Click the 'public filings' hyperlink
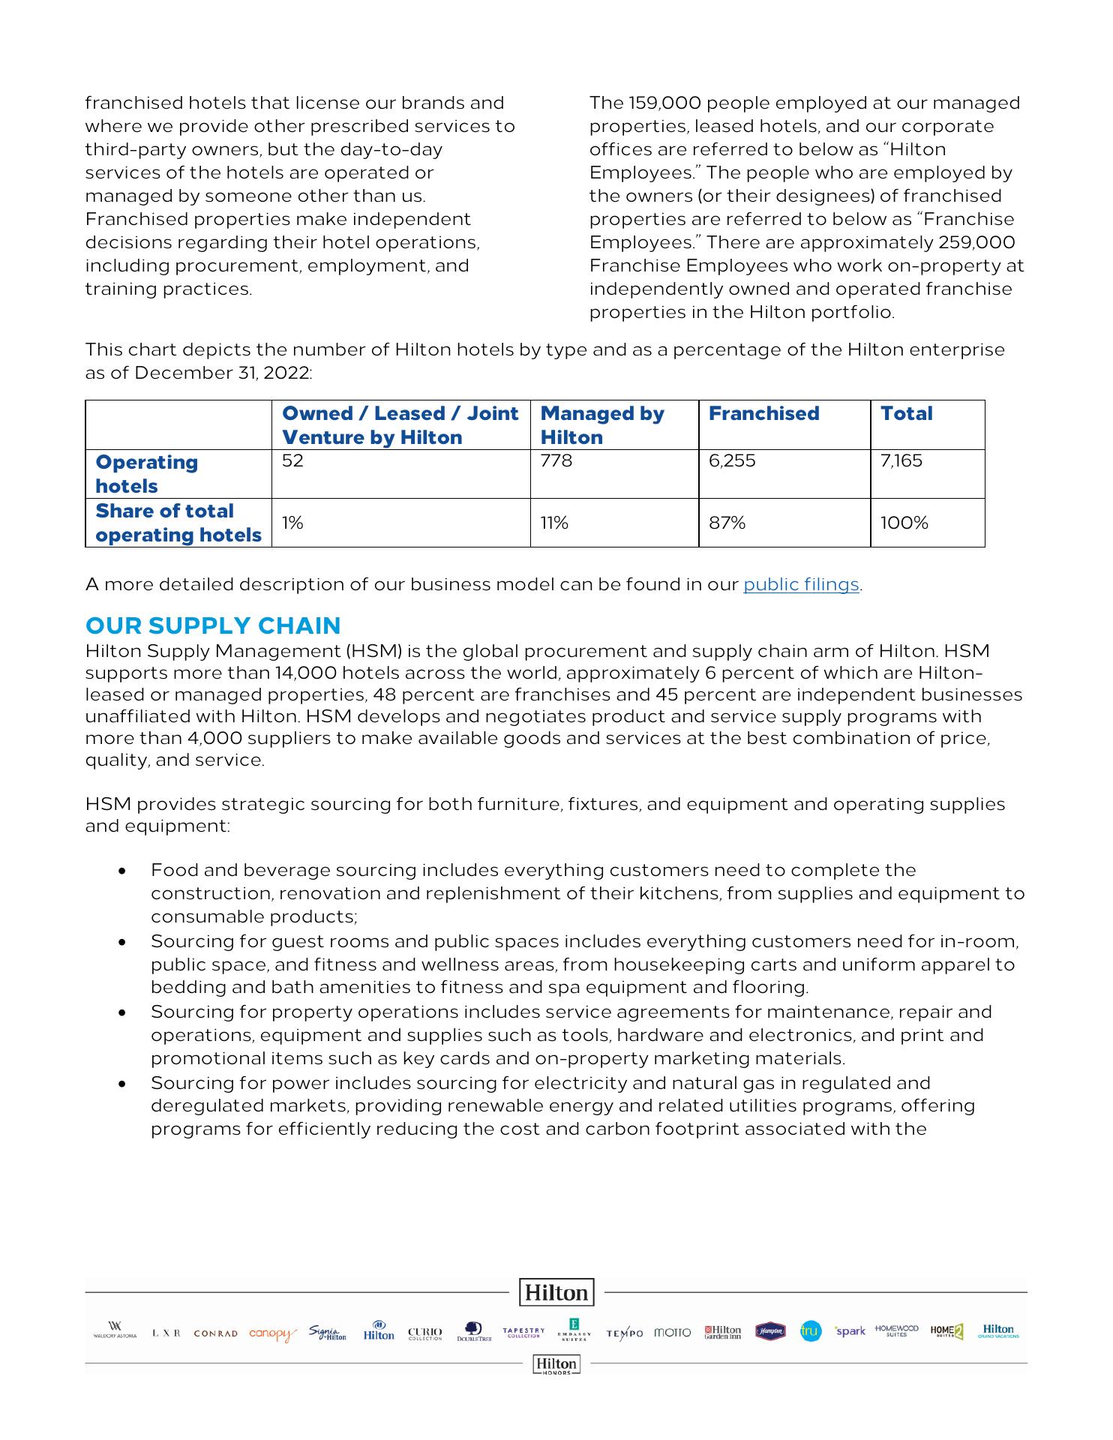pyautogui.click(x=800, y=585)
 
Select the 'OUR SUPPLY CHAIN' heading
pyautogui.click(x=213, y=625)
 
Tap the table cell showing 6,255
pyautogui.click(x=732, y=461)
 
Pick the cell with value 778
pyautogui.click(x=556, y=461)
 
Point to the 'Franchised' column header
pyautogui.click(x=763, y=414)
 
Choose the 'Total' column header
pyautogui.click(x=906, y=414)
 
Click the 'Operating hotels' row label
pyautogui.click(x=146, y=474)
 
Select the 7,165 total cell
pyautogui.click(x=901, y=461)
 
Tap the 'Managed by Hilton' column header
pyautogui.click(x=601, y=425)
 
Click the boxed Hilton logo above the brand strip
pyautogui.click(x=556, y=1292)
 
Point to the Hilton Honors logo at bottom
pyautogui.click(x=556, y=1364)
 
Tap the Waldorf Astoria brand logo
pyautogui.click(x=115, y=1330)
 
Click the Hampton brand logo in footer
pyautogui.click(x=770, y=1331)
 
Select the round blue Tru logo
pyautogui.click(x=811, y=1331)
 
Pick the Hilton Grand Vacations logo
pyautogui.click(x=997, y=1331)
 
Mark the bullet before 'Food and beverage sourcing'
pyautogui.click(x=121, y=871)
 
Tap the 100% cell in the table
pyautogui.click(x=904, y=523)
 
